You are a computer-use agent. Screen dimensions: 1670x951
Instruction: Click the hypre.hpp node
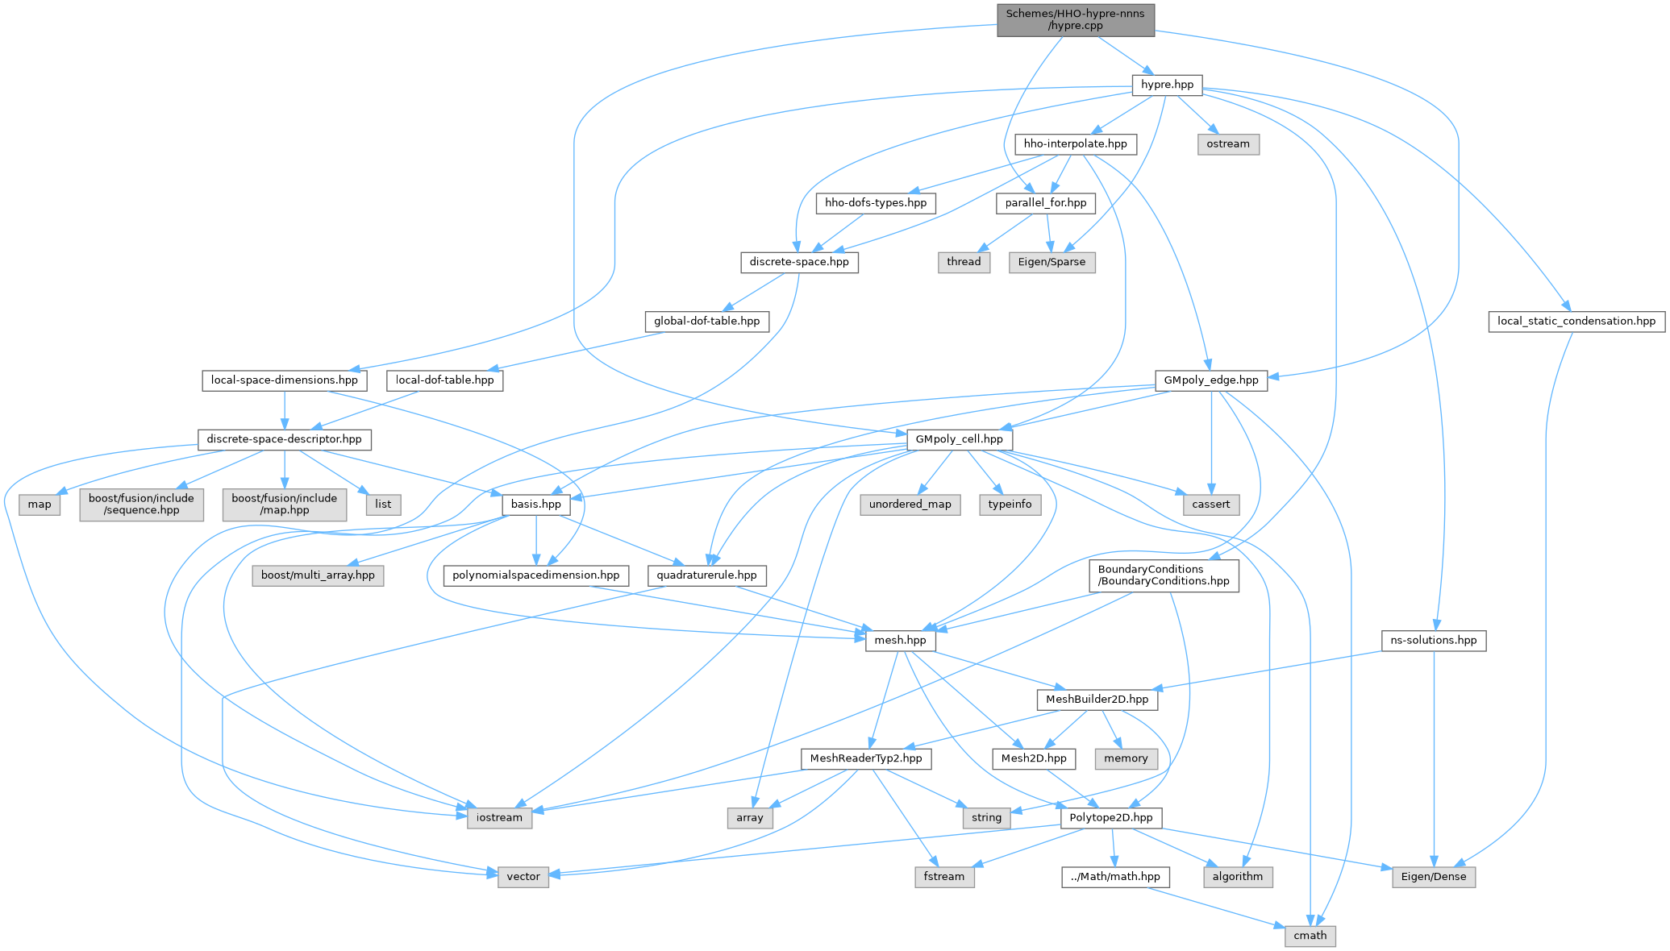[x=1167, y=85]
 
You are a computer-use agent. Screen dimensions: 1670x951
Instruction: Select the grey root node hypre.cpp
[x=1076, y=20]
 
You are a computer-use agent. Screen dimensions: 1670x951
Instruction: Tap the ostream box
[x=1228, y=144]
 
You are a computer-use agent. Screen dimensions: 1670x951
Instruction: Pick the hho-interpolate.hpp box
[x=1075, y=144]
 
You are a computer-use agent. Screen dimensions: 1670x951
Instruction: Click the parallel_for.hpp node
[x=1046, y=203]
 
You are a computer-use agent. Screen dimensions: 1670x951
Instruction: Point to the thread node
[x=964, y=262]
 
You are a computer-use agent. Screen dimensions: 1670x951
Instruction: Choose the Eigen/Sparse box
[x=1052, y=262]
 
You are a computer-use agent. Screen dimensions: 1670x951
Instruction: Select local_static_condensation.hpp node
[x=1576, y=322]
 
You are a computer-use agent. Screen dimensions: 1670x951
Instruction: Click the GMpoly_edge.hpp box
[x=1211, y=380]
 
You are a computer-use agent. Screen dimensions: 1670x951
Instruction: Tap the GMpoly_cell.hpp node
[x=960, y=439]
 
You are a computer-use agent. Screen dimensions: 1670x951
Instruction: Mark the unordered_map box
[x=910, y=505]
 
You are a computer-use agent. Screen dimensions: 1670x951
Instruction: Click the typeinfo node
[x=1010, y=505]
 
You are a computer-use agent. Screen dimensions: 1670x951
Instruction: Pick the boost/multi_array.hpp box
[x=318, y=576]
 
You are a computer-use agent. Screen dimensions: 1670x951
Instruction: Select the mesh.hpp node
[x=901, y=641]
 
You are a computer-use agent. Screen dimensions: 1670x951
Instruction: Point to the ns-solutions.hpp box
[x=1434, y=641]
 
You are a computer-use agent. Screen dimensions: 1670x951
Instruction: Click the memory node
[x=1126, y=758]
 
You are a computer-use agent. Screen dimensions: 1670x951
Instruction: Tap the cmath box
[x=1310, y=936]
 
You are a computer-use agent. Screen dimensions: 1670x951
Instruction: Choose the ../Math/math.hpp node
[x=1115, y=877]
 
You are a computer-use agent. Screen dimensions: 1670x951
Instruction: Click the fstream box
[x=944, y=877]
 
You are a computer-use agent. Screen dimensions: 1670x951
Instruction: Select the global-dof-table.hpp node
[x=707, y=322]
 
